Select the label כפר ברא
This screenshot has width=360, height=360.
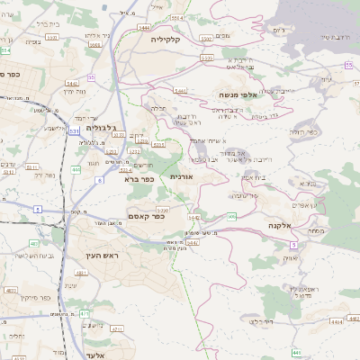pos(142,178)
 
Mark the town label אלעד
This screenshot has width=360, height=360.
pos(94,355)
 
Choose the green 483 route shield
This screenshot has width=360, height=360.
pos(33,243)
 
